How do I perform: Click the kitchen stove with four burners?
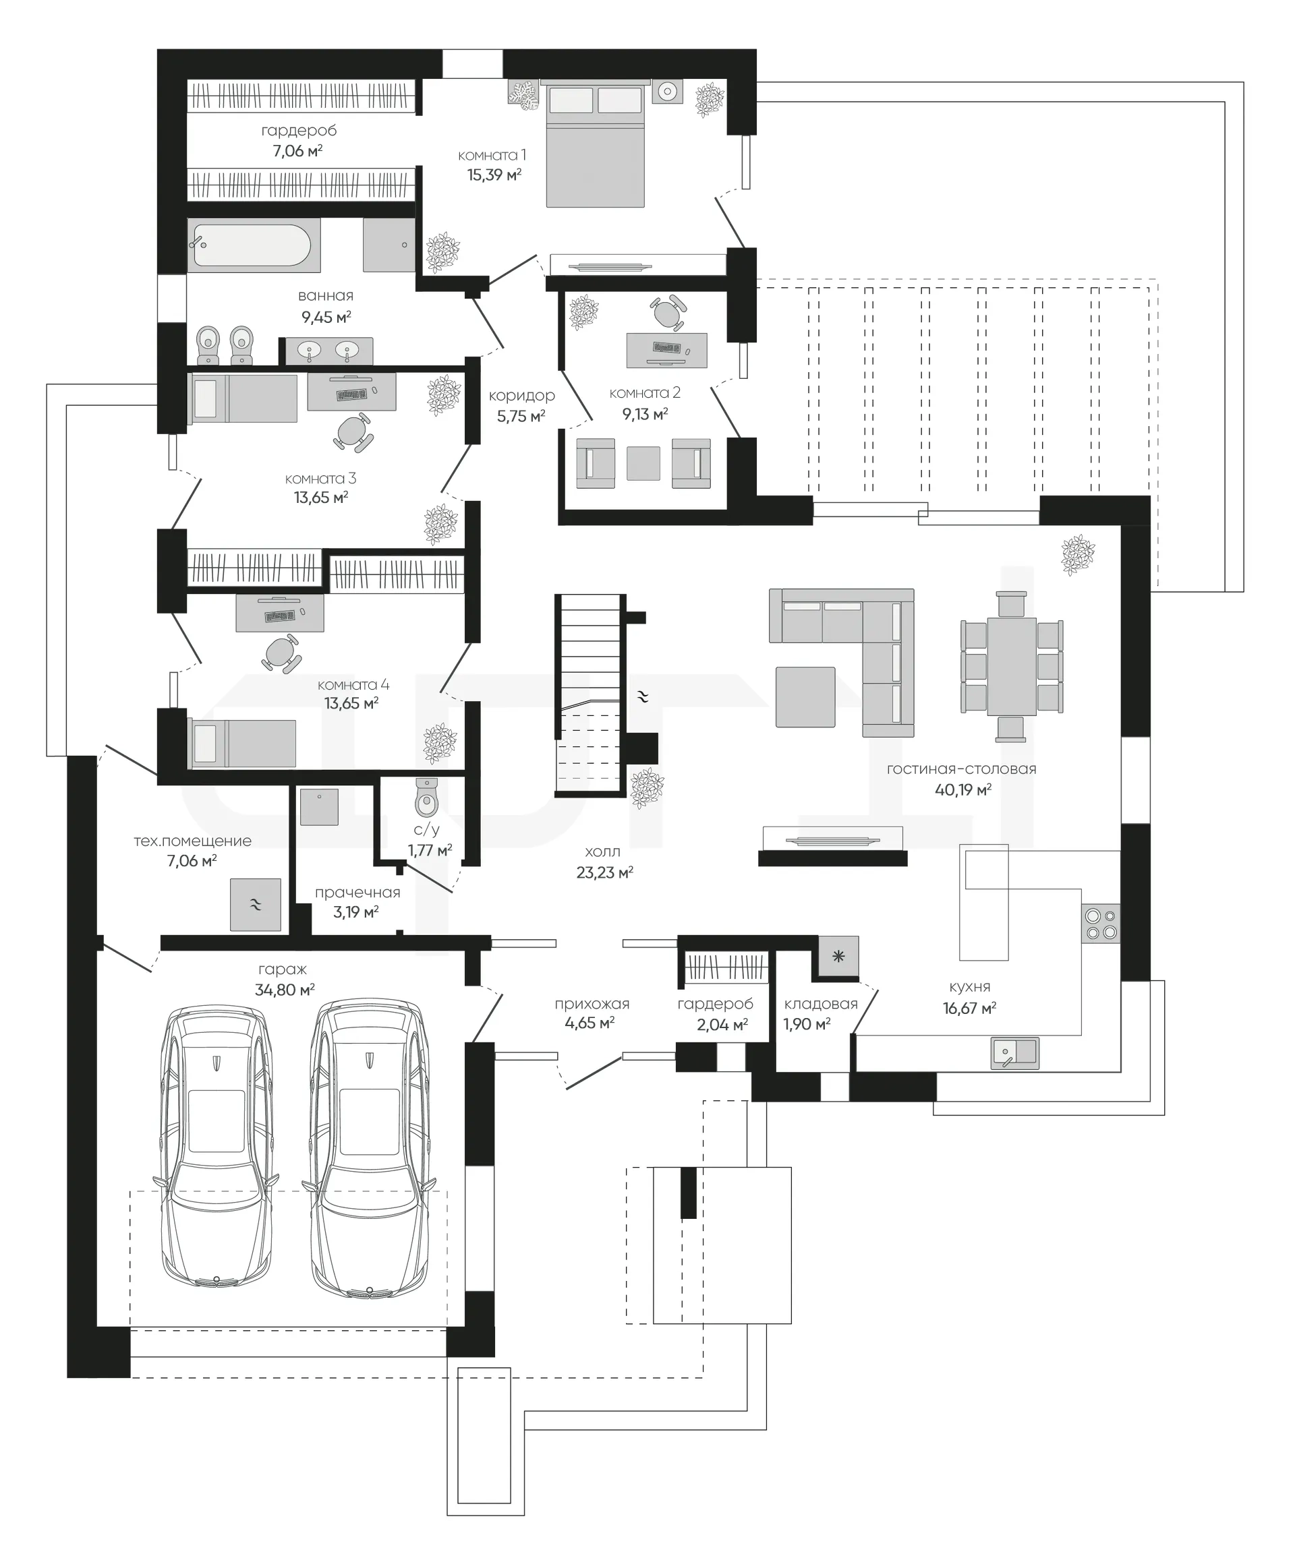click(1101, 923)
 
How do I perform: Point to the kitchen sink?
click(1015, 1052)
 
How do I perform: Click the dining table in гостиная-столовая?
click(1012, 666)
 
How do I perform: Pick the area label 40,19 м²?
click(963, 790)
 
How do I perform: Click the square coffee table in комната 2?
click(643, 463)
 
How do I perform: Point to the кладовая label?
click(821, 1004)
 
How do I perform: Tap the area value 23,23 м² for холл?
click(605, 873)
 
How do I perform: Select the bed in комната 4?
click(243, 743)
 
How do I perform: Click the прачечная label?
click(357, 893)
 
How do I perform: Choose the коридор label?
click(522, 396)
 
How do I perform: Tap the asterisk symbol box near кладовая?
click(838, 957)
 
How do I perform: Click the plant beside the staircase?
click(646, 787)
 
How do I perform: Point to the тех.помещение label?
click(193, 841)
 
